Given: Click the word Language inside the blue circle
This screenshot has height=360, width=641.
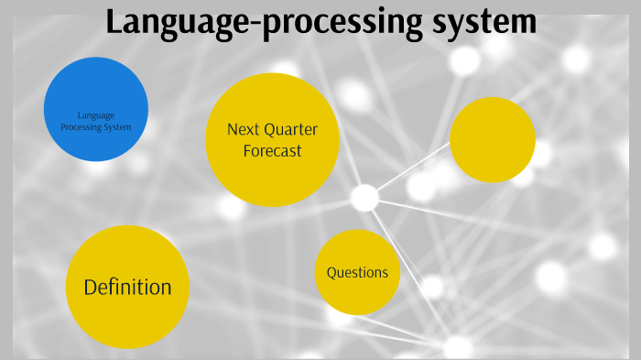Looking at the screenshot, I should pyautogui.click(x=96, y=115).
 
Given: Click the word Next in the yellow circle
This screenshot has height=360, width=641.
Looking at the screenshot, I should pyautogui.click(x=243, y=129).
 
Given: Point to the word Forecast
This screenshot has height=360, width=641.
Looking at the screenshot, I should pyautogui.click(x=272, y=150).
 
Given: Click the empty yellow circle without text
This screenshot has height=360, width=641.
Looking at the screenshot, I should pyautogui.click(x=493, y=139).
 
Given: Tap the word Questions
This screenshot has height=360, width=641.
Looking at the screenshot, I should pyautogui.click(x=357, y=272).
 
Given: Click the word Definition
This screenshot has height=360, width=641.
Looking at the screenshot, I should pyautogui.click(x=127, y=287).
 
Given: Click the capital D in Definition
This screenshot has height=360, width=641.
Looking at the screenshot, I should pyautogui.click(x=90, y=287).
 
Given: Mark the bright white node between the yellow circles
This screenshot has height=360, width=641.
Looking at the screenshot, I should pyautogui.click(x=364, y=197).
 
